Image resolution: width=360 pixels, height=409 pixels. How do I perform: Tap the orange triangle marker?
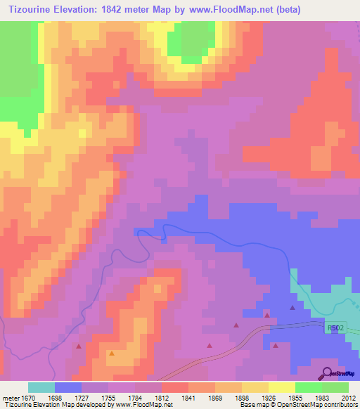[111, 353]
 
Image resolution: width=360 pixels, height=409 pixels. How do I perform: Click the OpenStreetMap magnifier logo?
[327, 372]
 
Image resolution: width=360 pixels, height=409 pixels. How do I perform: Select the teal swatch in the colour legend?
[41, 387]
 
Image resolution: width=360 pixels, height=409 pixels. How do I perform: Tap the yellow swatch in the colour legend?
[282, 387]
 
